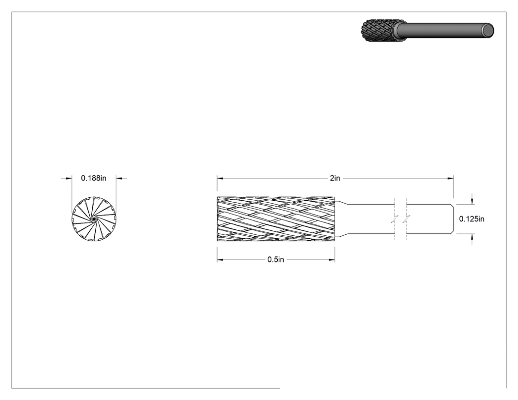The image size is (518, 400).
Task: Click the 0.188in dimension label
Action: [94, 179]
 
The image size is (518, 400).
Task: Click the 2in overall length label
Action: [334, 179]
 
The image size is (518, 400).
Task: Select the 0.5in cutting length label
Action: [275, 259]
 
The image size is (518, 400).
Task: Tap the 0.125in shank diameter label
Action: [472, 219]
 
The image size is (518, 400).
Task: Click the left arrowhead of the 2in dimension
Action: [220, 179]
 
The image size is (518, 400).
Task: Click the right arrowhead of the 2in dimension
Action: [450, 179]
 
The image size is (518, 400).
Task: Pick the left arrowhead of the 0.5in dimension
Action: [220, 260]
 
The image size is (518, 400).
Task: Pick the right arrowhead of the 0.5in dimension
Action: [332, 260]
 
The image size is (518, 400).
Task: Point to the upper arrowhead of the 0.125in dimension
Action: [472, 201]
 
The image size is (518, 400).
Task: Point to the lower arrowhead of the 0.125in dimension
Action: [472, 237]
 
